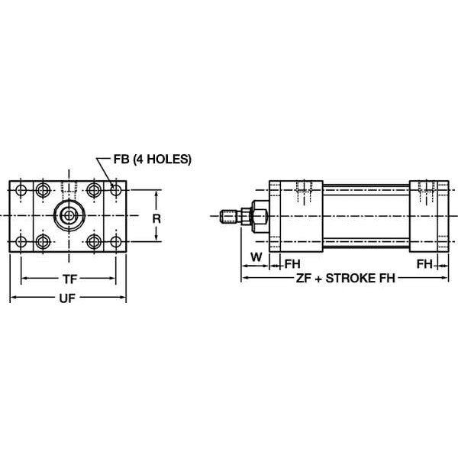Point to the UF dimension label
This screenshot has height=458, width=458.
pyautogui.click(x=68, y=298)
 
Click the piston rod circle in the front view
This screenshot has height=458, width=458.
pyautogui.click(x=69, y=216)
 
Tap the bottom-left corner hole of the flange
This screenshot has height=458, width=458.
pyautogui.click(x=21, y=243)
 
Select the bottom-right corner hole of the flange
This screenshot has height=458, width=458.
pyautogui.click(x=115, y=243)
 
